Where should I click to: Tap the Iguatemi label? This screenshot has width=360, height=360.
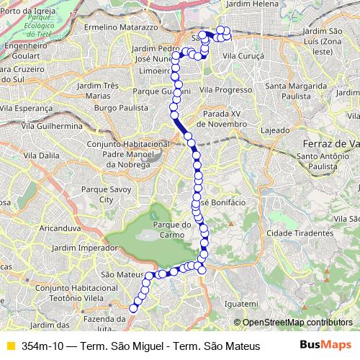pos(241,304)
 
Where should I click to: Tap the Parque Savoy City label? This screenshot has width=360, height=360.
pos(106,194)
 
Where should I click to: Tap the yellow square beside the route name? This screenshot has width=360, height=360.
pos(10,346)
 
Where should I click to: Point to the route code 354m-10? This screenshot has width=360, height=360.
pos(42,346)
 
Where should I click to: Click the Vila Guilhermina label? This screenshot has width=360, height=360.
pos(49,125)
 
